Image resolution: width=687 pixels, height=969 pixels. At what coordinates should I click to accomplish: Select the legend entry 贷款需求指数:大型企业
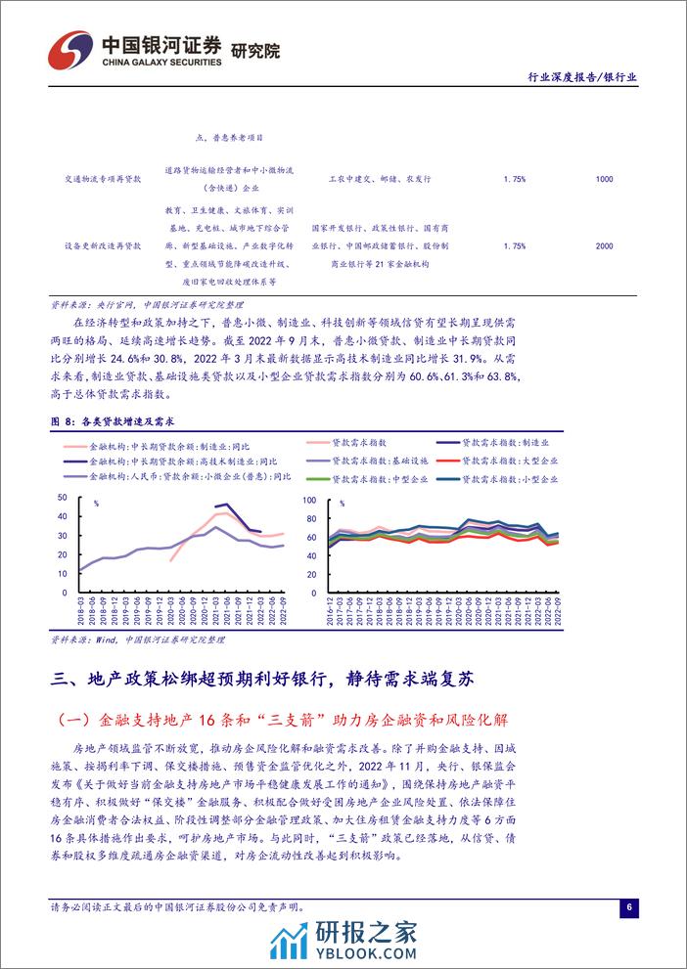[x=515, y=459]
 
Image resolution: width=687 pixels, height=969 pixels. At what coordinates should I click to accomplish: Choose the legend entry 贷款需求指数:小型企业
[x=515, y=478]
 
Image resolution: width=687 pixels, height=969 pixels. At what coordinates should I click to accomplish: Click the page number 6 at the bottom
[x=629, y=906]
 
